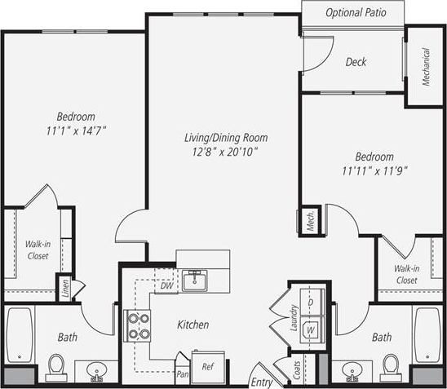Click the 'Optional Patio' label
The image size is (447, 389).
(x=355, y=13)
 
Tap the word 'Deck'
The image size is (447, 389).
(x=355, y=62)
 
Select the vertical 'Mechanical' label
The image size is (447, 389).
(x=425, y=67)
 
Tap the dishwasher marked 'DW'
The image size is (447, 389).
(x=165, y=285)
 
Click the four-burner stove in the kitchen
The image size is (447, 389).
(x=138, y=326)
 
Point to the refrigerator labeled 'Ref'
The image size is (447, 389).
(x=207, y=366)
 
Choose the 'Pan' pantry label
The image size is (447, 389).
(x=184, y=374)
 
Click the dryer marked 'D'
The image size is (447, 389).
(x=310, y=302)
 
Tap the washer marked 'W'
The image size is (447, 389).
(x=310, y=330)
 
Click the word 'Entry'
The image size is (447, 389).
(x=261, y=381)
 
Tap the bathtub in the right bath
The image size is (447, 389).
(x=427, y=334)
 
